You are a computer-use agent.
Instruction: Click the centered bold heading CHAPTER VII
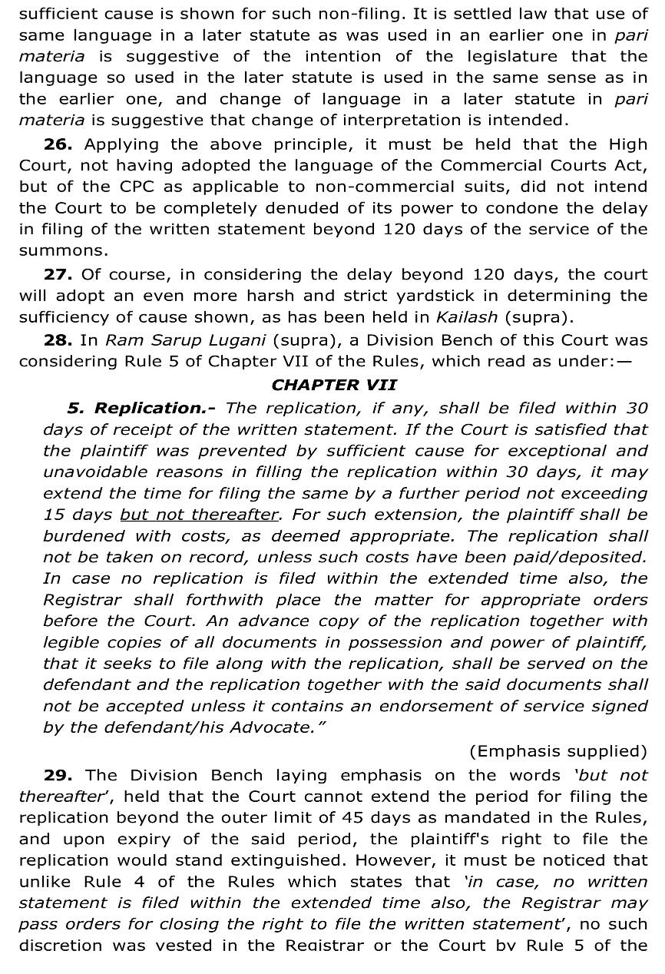pos(334,385)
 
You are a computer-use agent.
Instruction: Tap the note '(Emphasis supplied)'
pos(557,751)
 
